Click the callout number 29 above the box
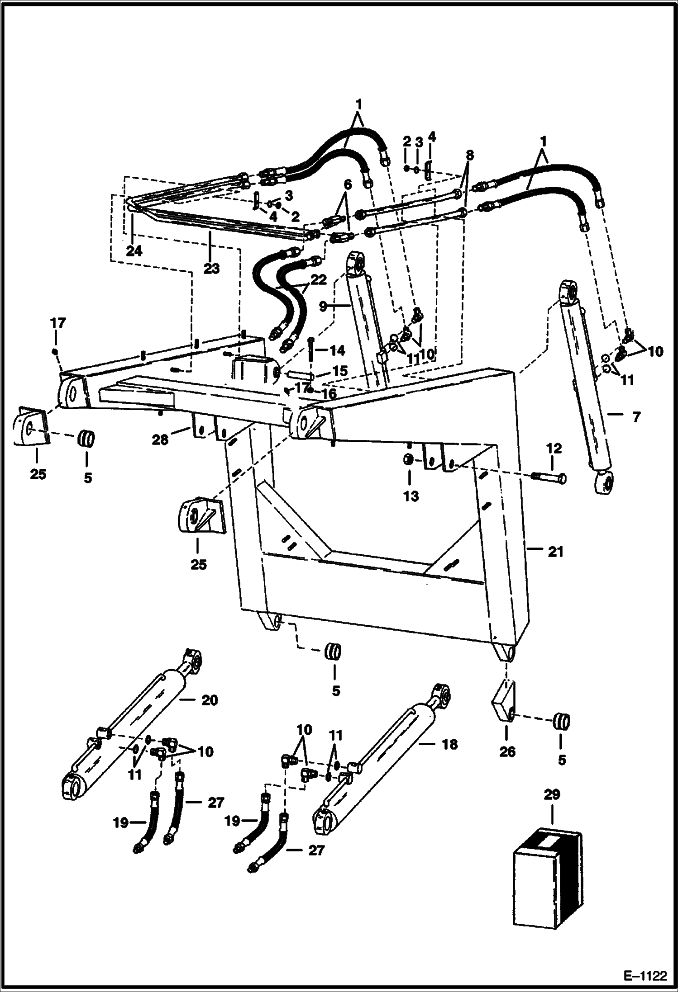point(552,794)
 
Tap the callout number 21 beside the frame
point(556,552)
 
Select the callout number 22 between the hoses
point(318,280)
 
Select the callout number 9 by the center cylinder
point(323,306)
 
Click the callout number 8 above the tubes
point(469,155)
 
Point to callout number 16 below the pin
point(329,393)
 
